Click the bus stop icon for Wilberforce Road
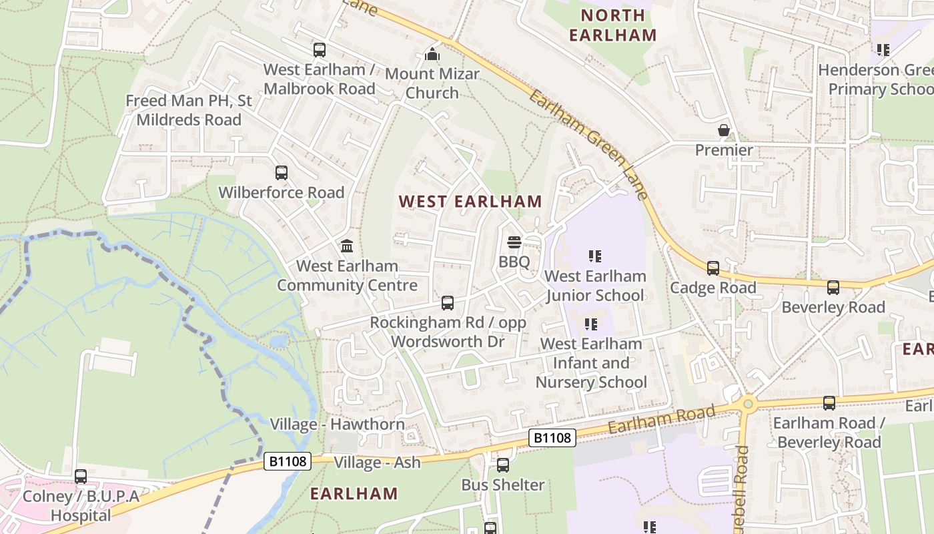tap(282, 173)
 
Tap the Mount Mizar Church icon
tap(432, 54)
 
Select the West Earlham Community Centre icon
tap(347, 246)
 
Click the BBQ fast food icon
tap(514, 242)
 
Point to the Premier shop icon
tap(724, 130)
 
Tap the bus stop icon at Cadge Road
tap(713, 268)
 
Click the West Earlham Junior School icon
tap(595, 256)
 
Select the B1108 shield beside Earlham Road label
tap(552, 438)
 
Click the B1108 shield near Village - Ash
tap(288, 461)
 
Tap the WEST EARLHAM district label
tap(470, 201)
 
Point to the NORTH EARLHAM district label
tap(613, 25)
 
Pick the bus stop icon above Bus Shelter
tap(503, 465)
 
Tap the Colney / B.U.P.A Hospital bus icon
tap(81, 477)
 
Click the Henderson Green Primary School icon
tap(883, 50)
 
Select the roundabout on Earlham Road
tap(748, 403)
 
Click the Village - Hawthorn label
tap(337, 425)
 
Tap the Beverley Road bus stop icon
tap(833, 288)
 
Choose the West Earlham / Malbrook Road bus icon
tap(320, 49)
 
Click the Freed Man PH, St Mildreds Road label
tap(189, 110)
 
